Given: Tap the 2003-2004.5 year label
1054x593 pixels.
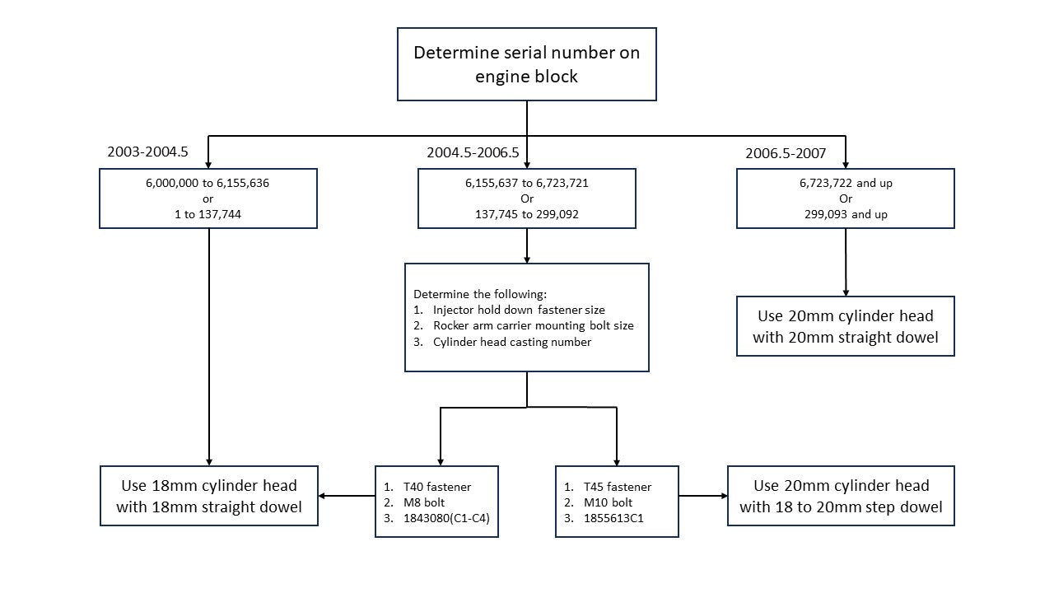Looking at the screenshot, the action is tap(147, 152).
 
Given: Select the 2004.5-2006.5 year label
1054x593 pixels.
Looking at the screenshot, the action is tap(473, 152).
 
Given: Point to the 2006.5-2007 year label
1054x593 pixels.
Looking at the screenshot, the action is tap(786, 153).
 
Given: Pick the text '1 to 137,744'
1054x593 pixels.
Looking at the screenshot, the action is tap(208, 214).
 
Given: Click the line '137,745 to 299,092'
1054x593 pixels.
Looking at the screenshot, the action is tap(526, 214).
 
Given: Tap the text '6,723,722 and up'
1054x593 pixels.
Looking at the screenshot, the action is tap(846, 183).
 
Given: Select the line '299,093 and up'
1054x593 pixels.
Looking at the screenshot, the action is tap(846, 214).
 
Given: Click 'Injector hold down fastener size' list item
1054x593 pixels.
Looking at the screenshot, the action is tap(519, 310).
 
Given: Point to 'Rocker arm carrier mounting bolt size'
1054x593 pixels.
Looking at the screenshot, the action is tap(533, 325).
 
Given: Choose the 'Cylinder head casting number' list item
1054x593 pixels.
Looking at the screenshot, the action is tap(512, 342).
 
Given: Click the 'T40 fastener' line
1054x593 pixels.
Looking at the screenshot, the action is tap(436, 487).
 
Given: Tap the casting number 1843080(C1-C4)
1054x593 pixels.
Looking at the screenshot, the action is tap(446, 518).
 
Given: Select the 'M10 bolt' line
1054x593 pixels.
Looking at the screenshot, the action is tap(608, 502).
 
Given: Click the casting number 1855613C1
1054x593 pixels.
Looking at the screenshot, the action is tap(613, 518).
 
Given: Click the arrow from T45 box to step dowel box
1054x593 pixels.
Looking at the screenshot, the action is tap(703, 496).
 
